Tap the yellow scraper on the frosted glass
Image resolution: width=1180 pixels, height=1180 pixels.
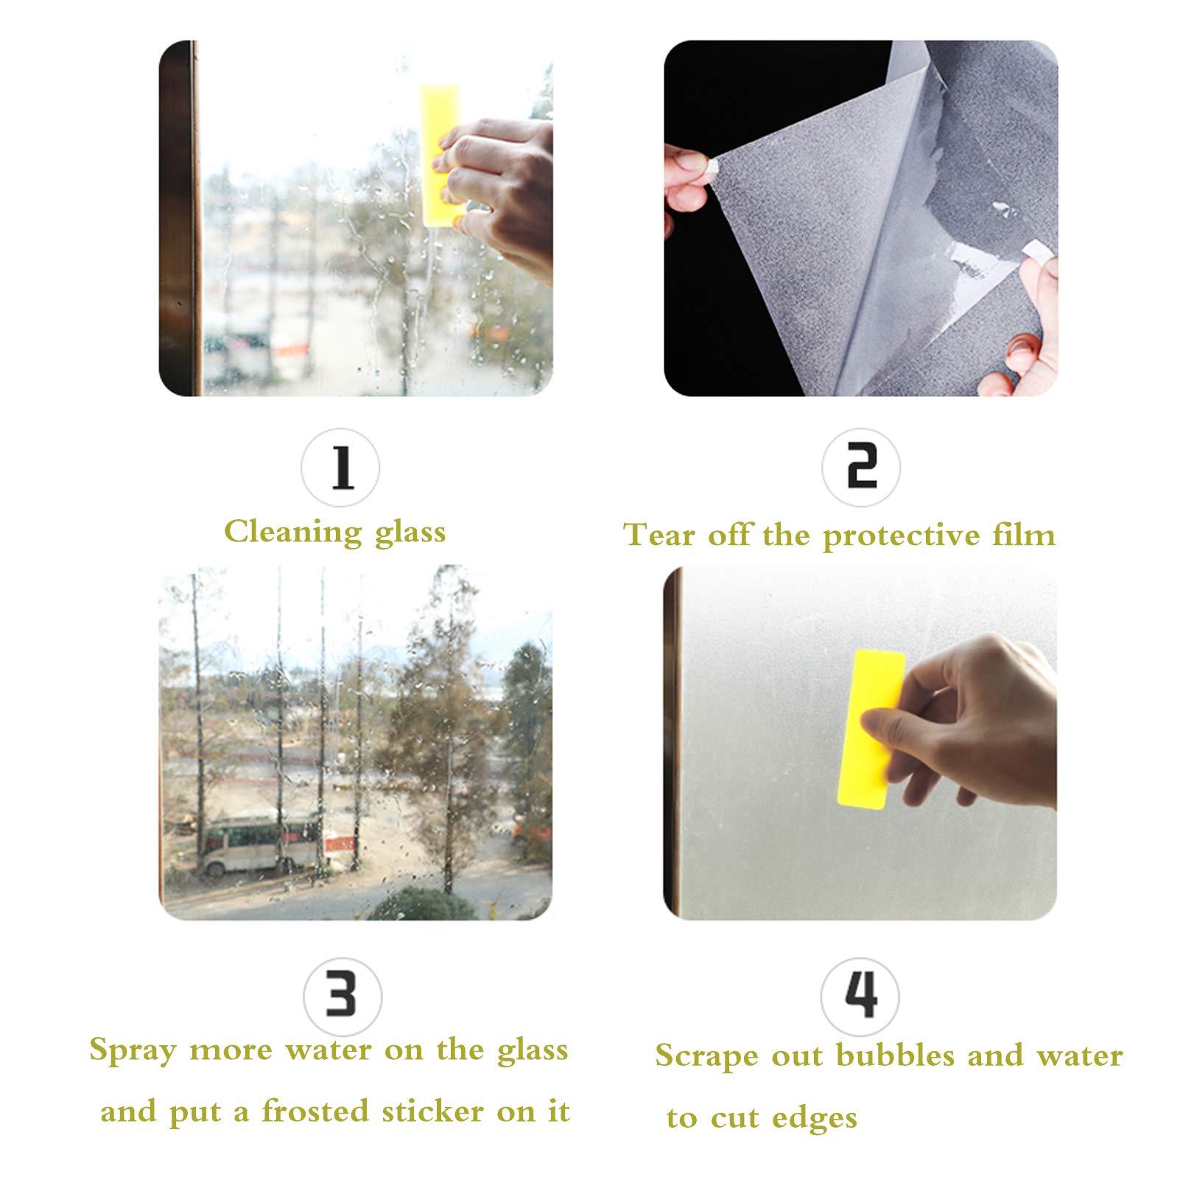[x=871, y=729]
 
